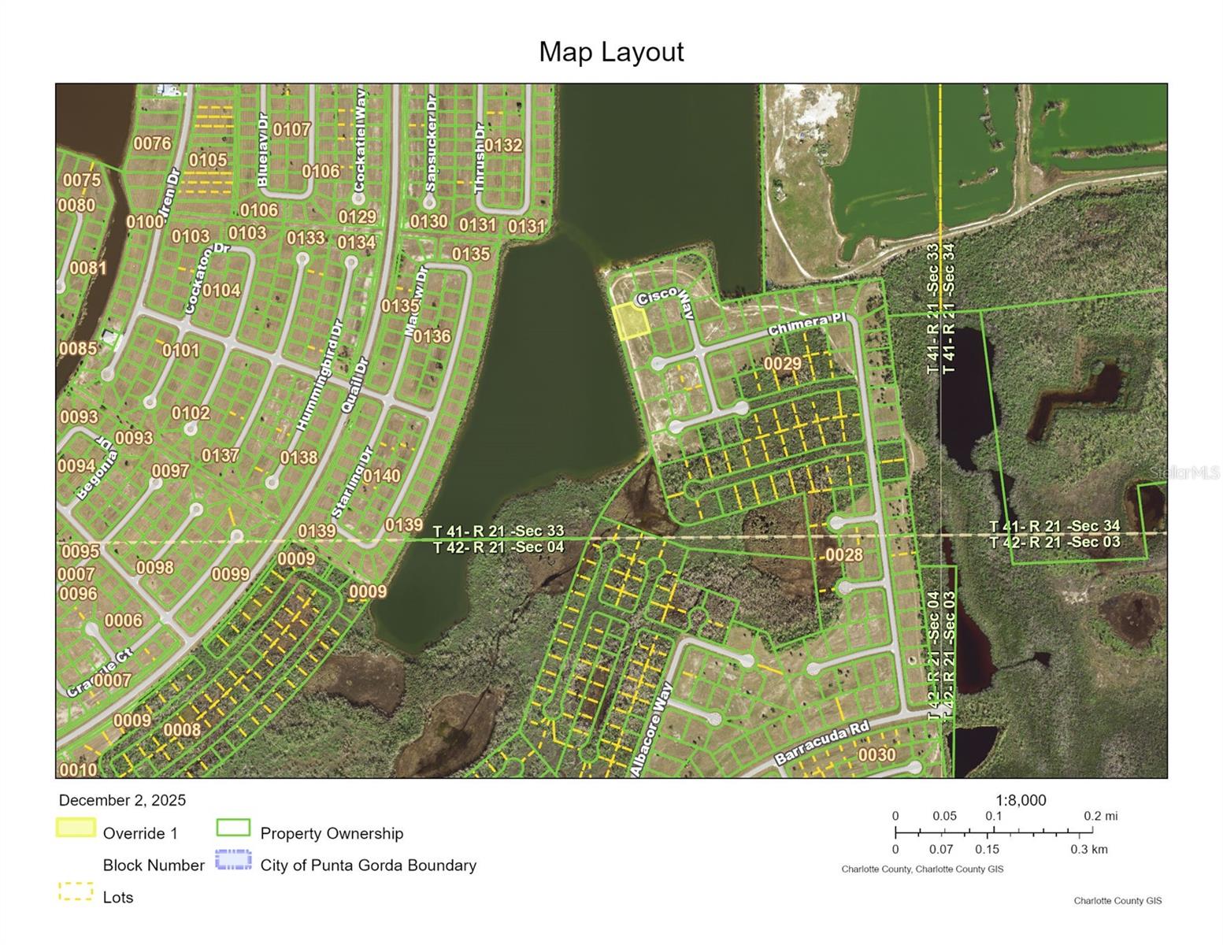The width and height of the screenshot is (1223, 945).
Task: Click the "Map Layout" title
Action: click(x=611, y=52)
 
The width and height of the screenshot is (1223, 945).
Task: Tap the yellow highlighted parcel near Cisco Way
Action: click(x=630, y=321)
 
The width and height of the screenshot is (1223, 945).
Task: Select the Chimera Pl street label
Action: click(x=806, y=324)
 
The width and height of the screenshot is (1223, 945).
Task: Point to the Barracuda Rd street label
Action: click(x=821, y=743)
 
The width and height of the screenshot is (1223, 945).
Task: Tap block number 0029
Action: click(x=782, y=363)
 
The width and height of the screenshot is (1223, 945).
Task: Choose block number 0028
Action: click(x=843, y=554)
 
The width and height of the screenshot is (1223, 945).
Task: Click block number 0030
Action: click(x=876, y=754)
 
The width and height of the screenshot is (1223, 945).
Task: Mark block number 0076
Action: click(x=152, y=143)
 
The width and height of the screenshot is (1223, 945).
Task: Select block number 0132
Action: click(x=502, y=145)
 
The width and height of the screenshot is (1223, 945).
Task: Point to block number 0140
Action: click(x=381, y=476)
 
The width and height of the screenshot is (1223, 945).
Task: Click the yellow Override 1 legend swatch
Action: click(x=76, y=828)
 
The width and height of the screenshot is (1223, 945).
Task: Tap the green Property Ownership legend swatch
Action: click(x=233, y=828)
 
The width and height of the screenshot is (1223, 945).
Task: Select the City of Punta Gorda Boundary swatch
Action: click(x=233, y=860)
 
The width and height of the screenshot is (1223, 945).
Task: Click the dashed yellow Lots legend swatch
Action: click(x=76, y=892)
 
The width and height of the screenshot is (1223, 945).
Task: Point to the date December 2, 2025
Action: click(x=122, y=800)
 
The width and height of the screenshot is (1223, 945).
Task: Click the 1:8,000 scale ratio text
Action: click(x=1021, y=800)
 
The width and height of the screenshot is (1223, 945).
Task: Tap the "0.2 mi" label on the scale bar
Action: click(x=1100, y=816)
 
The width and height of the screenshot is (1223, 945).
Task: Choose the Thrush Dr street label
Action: click(x=480, y=158)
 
